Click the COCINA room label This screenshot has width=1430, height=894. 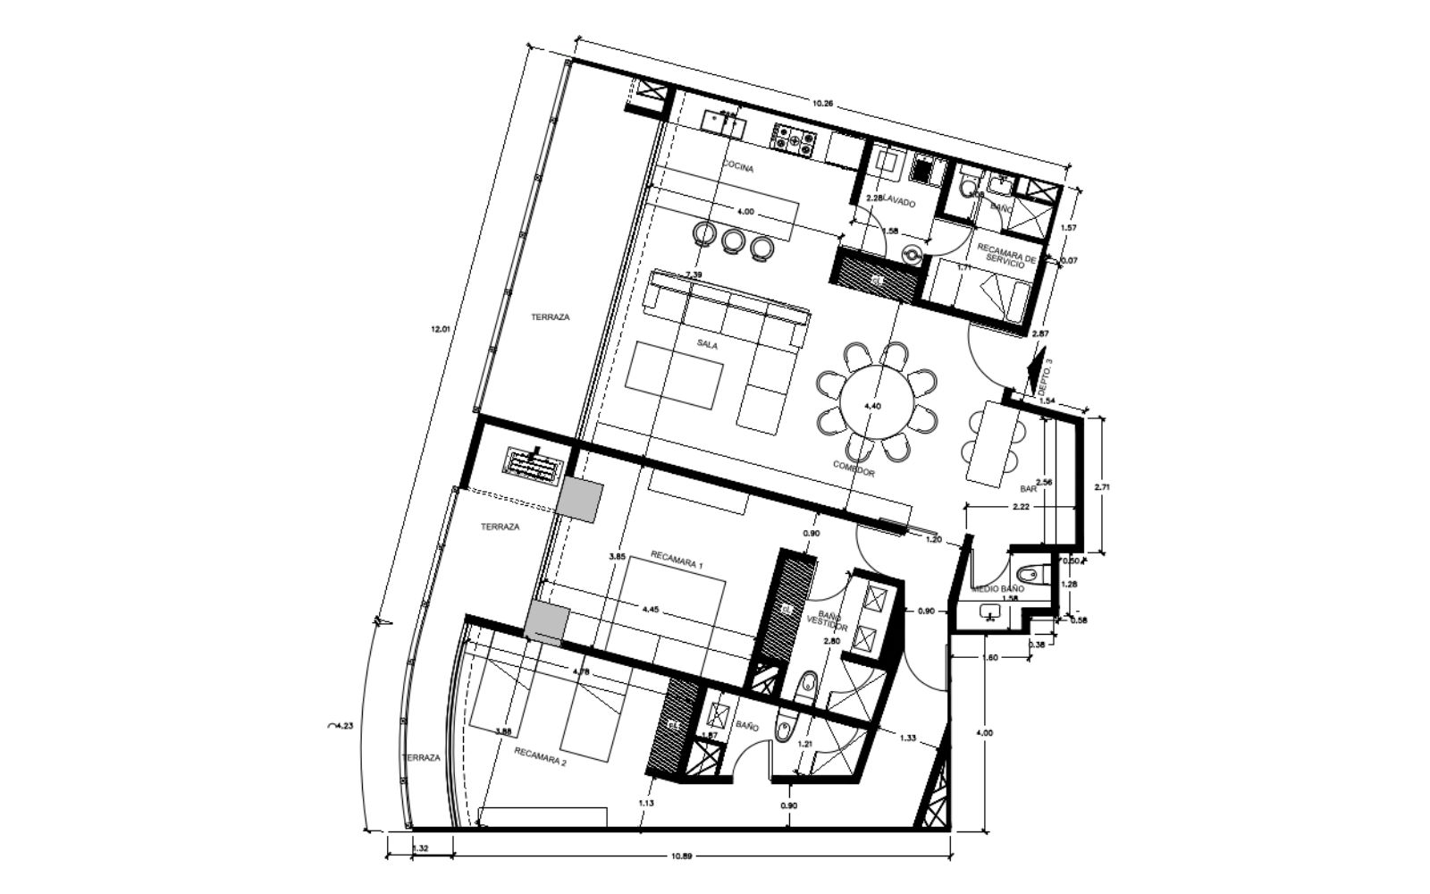(x=738, y=168)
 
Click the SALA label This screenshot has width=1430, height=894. (x=708, y=344)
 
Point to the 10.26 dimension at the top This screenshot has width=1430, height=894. (x=822, y=104)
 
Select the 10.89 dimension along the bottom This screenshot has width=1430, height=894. (x=681, y=856)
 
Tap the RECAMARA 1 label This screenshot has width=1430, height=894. (x=677, y=565)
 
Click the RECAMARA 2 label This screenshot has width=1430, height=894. (x=541, y=756)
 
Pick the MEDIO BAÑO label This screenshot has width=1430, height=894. (x=997, y=590)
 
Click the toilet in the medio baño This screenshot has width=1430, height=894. (x=1028, y=571)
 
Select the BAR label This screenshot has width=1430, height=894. (x=1028, y=489)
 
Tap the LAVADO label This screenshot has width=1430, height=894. (x=899, y=204)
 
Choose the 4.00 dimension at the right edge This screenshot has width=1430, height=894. (x=984, y=733)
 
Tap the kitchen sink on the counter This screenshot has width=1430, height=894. (x=723, y=123)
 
